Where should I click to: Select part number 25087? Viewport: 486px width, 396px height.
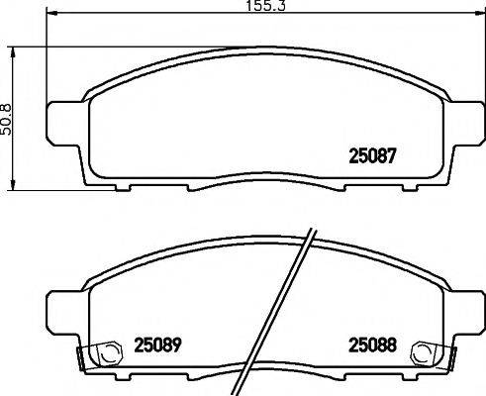pyautogui.click(x=375, y=155)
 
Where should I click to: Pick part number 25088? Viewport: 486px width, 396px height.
pyautogui.click(x=372, y=346)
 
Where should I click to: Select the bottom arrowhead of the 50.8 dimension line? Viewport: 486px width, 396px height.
pyautogui.click(x=13, y=187)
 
